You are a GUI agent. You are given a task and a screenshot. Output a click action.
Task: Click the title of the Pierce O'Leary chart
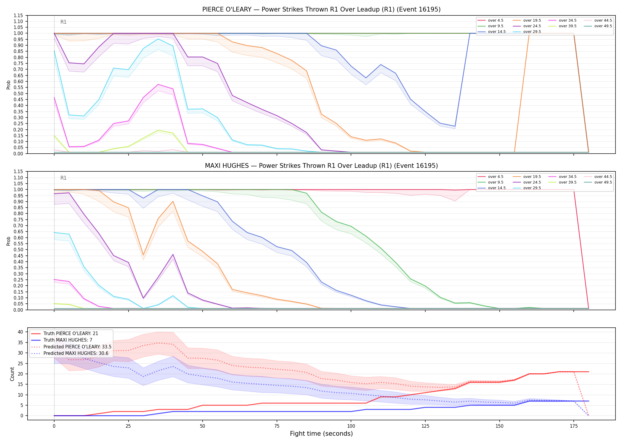coord(321,9)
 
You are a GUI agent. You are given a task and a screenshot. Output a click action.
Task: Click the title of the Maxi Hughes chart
coord(321,166)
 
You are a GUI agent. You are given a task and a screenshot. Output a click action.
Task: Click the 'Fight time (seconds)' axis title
coord(321,434)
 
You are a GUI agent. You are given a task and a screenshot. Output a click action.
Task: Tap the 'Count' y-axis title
coord(12,374)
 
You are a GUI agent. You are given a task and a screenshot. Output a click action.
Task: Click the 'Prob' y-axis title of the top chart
coord(9,85)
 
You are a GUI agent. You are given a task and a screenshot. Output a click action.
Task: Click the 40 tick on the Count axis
coord(20,332)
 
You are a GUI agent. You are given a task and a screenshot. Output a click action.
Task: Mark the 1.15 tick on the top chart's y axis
coord(18,15)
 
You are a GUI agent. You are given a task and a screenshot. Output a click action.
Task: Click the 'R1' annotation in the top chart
coord(63,22)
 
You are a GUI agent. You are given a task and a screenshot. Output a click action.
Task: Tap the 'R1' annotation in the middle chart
coord(63,178)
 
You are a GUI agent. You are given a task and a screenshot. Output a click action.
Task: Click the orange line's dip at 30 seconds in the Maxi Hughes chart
coord(143,255)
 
